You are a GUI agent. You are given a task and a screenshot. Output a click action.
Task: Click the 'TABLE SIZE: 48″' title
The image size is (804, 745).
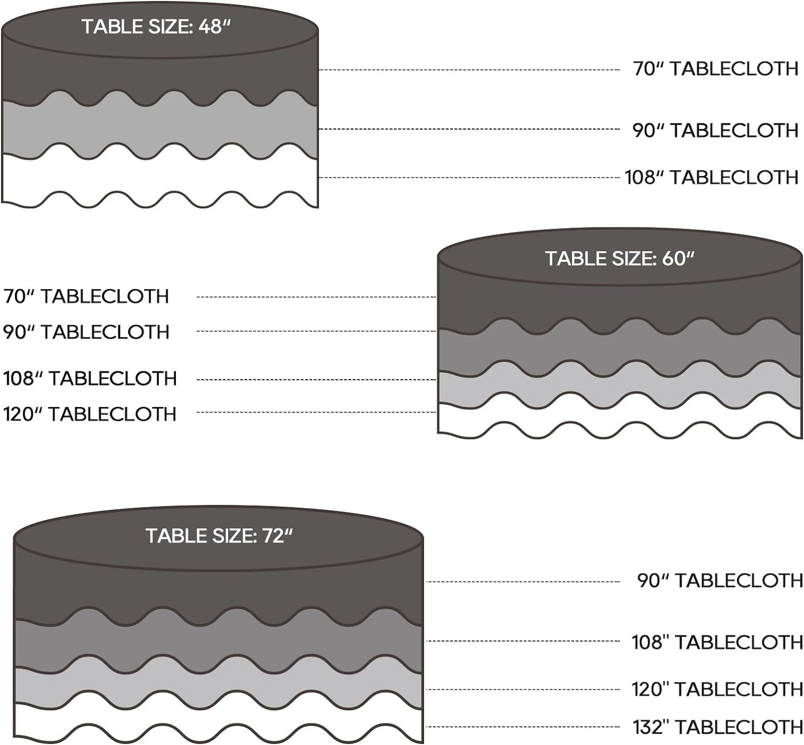(156, 27)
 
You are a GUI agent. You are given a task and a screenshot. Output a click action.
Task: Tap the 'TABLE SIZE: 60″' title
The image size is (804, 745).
(619, 259)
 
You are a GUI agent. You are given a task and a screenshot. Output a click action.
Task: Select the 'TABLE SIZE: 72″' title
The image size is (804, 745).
(219, 536)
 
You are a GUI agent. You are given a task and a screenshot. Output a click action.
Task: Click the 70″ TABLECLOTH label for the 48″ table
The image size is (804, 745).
(716, 69)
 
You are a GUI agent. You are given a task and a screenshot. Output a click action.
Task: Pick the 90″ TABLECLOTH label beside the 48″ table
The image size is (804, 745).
(716, 131)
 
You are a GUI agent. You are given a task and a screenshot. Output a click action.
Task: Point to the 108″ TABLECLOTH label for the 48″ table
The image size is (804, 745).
(712, 177)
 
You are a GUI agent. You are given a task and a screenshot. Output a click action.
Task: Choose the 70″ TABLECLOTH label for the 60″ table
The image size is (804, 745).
(86, 296)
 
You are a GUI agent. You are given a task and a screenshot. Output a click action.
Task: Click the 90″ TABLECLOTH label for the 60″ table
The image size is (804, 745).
(86, 332)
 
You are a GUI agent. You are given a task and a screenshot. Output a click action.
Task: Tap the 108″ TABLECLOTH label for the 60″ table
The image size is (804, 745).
(90, 379)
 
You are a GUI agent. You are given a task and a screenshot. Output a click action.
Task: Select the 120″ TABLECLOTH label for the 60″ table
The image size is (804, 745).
(90, 414)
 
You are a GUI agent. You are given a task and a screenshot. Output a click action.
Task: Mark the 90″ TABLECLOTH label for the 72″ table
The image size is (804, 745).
(720, 580)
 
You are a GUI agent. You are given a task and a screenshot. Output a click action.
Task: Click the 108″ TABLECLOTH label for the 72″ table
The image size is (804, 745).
(717, 642)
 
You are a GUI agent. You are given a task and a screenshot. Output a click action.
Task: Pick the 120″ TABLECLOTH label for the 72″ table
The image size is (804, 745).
(717, 689)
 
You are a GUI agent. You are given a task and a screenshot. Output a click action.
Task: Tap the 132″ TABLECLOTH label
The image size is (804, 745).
(718, 727)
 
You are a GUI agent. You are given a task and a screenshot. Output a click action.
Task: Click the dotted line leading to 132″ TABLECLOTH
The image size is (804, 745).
(523, 727)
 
